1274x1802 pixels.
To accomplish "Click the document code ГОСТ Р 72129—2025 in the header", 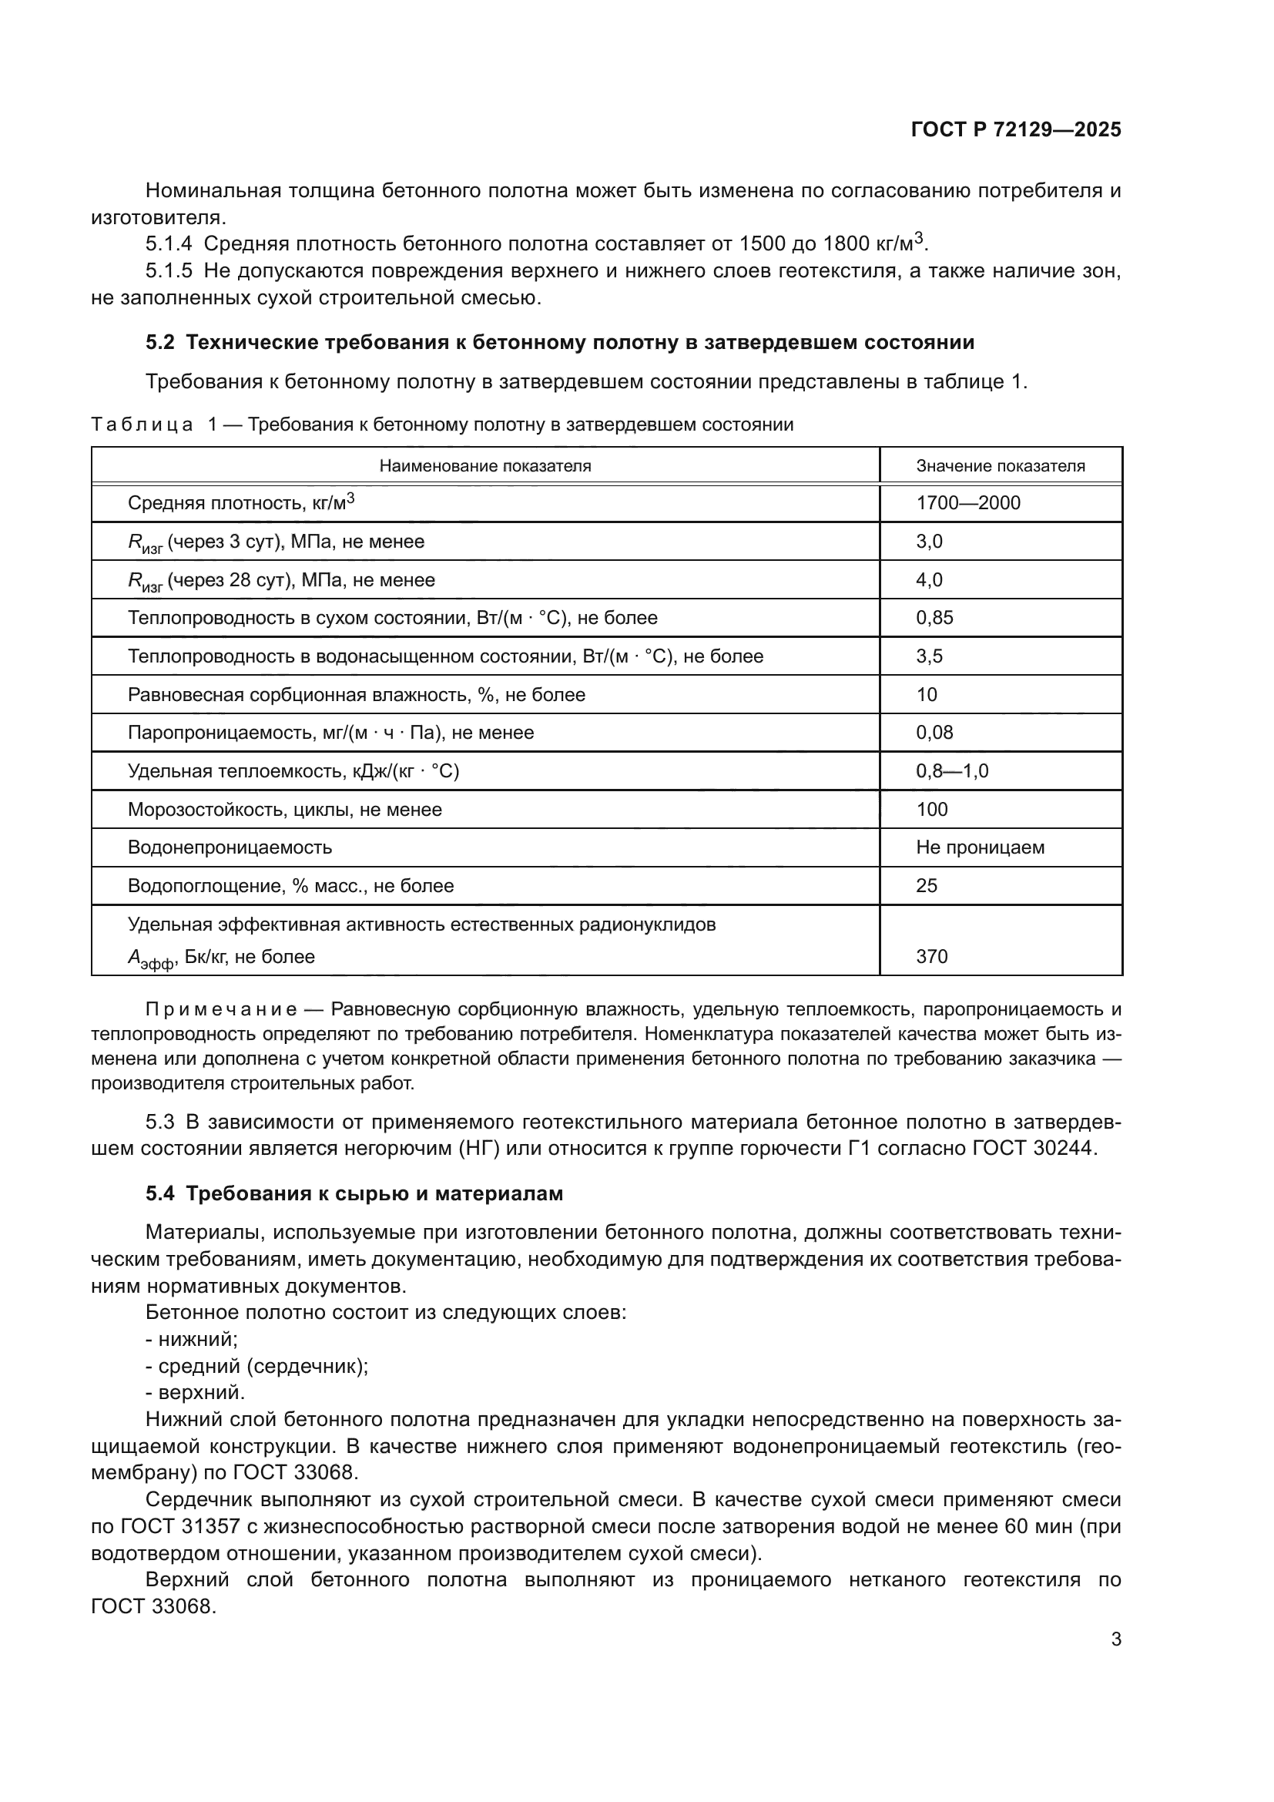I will pyautogui.click(x=1015, y=129).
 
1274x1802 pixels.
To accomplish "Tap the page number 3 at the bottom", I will pyautogui.click(x=1115, y=1639).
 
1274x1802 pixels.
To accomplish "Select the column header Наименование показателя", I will pyautogui.click(x=484, y=465).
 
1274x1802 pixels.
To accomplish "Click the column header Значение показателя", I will pyautogui.click(x=1001, y=465).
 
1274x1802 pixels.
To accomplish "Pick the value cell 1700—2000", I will pyautogui.click(x=967, y=502).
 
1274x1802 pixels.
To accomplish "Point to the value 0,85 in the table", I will pyautogui.click(x=934, y=618).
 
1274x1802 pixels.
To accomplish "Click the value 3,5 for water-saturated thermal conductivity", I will pyautogui.click(x=929, y=656).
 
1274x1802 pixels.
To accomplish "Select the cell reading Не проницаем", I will pyautogui.click(x=980, y=847).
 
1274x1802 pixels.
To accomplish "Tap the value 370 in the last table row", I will pyautogui.click(x=931, y=956).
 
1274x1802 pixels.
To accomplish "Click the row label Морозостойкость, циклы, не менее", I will pyautogui.click(x=285, y=809).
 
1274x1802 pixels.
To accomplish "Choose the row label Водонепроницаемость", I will pyautogui.click(x=230, y=847).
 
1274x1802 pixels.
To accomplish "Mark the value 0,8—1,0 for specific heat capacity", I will pyautogui.click(x=951, y=770).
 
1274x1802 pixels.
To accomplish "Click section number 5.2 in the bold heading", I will pyautogui.click(x=160, y=343).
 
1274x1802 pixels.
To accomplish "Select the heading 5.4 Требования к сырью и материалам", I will pyautogui.click(x=354, y=1193).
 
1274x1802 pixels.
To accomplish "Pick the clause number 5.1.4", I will pyautogui.click(x=169, y=244).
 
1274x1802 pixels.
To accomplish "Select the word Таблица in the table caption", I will pyautogui.click(x=142, y=424).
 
